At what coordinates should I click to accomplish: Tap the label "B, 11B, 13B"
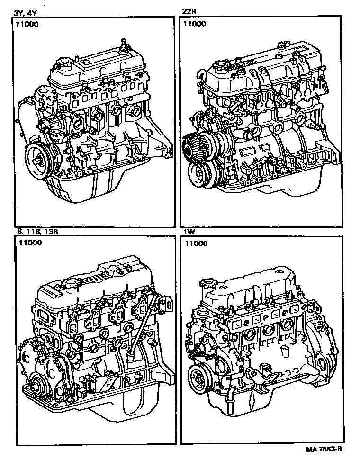(34, 232)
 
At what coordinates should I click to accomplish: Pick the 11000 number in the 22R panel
(195, 23)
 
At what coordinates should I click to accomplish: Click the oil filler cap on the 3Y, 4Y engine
(63, 64)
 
